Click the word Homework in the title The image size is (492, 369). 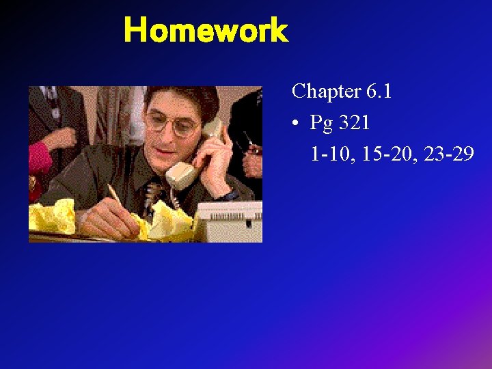click(x=206, y=31)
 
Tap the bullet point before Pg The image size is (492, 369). click(x=295, y=124)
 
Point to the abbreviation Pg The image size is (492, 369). click(x=321, y=124)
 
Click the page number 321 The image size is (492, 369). click(x=353, y=123)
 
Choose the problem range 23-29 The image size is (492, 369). click(x=449, y=155)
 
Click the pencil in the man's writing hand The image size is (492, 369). click(x=116, y=195)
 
